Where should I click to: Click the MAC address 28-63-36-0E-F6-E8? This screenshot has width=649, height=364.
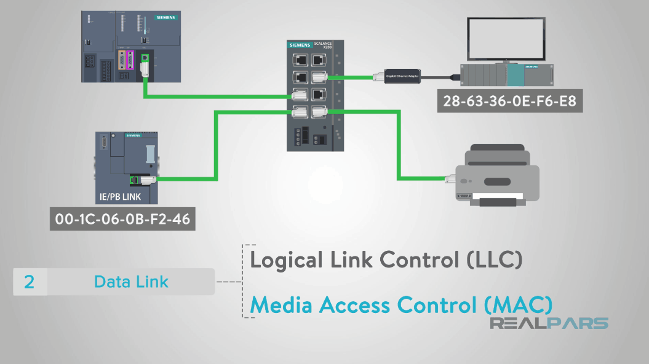pos(509,101)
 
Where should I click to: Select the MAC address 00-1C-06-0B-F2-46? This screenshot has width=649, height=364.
pos(122,220)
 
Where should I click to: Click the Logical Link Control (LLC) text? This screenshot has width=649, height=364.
pos(386,260)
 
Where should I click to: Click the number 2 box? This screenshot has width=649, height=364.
pos(30,282)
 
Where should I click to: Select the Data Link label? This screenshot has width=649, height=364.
pos(131,282)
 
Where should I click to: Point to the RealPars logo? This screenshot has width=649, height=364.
pos(549,323)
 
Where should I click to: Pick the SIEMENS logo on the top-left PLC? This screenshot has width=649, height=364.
pos(164,18)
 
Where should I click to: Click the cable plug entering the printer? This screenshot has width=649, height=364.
pos(451,179)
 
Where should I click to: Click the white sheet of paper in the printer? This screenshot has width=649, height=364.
pos(498,197)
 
